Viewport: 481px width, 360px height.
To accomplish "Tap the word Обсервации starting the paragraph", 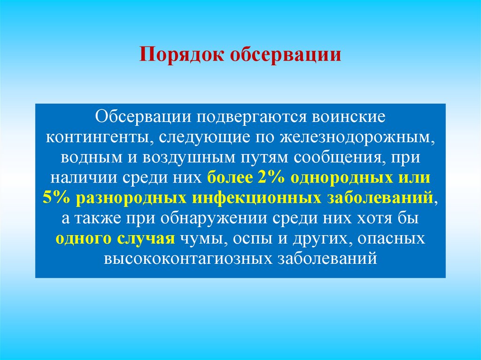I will click(x=145, y=115).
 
